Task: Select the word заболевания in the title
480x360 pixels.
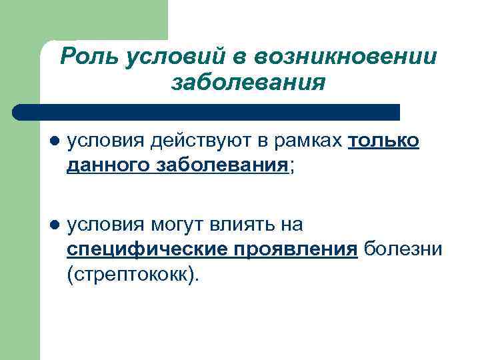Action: pyautogui.click(x=249, y=83)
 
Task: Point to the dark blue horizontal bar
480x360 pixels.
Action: pyautogui.click(x=207, y=112)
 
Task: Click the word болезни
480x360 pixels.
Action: pyautogui.click(x=403, y=249)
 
